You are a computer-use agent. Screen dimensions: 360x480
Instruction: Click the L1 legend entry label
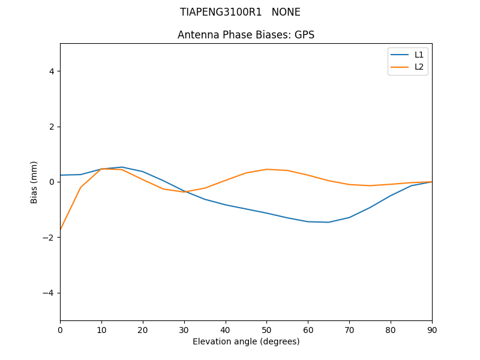(419, 55)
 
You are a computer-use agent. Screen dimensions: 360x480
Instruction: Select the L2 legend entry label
(419, 67)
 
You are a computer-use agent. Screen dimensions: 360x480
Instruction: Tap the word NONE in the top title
(286, 12)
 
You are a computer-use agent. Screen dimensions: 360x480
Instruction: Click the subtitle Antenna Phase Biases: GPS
(246, 35)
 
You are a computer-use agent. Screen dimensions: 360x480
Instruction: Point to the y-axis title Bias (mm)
(34, 182)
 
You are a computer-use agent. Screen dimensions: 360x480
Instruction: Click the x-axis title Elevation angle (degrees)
(246, 341)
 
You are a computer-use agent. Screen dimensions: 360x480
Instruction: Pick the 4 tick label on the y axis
(51, 71)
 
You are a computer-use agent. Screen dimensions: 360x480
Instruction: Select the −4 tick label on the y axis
(49, 293)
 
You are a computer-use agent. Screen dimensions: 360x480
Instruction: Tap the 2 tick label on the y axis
(51, 127)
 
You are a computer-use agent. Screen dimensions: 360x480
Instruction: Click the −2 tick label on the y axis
(49, 238)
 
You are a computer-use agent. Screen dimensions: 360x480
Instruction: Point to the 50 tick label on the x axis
(266, 329)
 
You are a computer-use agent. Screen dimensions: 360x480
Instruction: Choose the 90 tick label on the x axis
(432, 329)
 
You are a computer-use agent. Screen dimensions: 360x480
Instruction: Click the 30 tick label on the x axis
(184, 329)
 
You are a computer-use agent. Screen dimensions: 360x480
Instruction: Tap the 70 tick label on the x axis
(349, 329)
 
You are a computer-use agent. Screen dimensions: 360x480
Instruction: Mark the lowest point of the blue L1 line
(328, 222)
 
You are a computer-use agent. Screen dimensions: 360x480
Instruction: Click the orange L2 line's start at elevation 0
(61, 230)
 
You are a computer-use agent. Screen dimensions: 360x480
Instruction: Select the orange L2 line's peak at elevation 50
(266, 169)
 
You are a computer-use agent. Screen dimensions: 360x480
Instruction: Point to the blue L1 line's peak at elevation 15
(122, 167)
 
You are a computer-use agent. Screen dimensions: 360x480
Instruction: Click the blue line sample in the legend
(400, 55)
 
